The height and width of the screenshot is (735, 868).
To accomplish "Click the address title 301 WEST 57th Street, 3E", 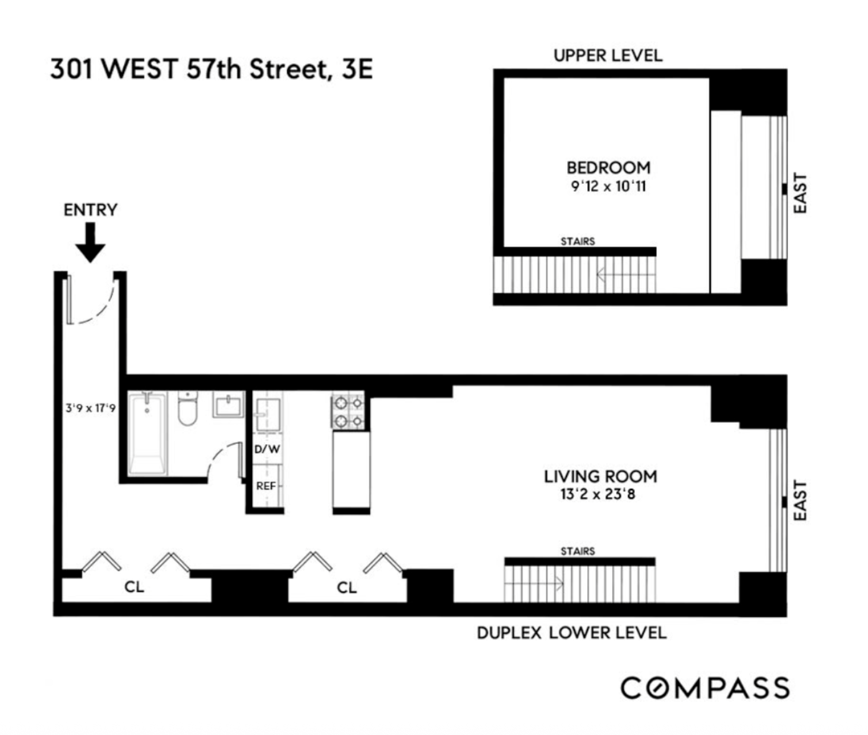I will [x=211, y=69].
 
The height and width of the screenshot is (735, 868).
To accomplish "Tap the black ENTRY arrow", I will [x=90, y=242].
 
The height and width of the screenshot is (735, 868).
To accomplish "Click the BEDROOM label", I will [x=608, y=168].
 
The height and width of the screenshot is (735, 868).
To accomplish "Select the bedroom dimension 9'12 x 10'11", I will [x=608, y=186].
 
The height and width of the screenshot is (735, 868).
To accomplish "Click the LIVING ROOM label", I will [x=600, y=476].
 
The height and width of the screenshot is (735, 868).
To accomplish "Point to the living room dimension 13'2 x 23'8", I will [x=597, y=494].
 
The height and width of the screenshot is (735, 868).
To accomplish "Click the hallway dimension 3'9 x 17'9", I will [x=90, y=409].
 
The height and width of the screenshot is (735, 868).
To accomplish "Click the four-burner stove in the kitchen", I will [x=348, y=412].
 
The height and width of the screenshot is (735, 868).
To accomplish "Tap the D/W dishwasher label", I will [x=267, y=449].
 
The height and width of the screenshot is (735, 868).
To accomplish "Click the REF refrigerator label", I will [x=266, y=486].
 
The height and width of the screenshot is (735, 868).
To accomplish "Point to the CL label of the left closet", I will [x=134, y=587].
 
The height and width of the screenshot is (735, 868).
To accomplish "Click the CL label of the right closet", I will [x=347, y=588].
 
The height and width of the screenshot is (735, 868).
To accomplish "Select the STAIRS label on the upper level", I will [x=577, y=241].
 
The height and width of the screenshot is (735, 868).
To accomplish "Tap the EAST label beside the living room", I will [x=800, y=501].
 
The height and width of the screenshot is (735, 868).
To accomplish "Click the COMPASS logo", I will [x=705, y=688].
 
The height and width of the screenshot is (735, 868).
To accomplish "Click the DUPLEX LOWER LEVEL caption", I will [x=571, y=633].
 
